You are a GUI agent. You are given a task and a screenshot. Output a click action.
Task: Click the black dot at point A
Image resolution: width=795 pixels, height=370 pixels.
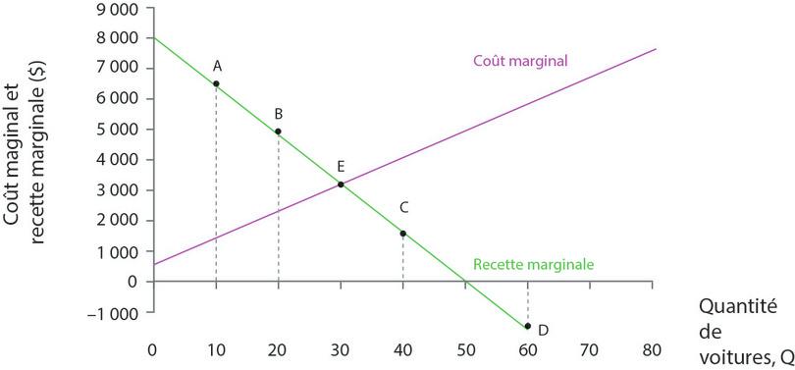point(216,84)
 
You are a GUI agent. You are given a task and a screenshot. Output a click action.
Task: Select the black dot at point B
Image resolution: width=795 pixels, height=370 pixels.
point(279,132)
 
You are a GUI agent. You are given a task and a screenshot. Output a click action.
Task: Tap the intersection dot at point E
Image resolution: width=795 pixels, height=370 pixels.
point(341,185)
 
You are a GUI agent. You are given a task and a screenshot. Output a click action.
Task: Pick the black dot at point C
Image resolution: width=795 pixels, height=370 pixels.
point(402,234)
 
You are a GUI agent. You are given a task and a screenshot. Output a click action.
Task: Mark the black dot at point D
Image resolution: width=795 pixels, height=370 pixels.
point(528,326)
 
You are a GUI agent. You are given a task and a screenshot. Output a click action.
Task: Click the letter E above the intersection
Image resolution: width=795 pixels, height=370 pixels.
point(341,166)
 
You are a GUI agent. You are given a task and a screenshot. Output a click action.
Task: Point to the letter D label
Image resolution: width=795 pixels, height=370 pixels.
point(543,329)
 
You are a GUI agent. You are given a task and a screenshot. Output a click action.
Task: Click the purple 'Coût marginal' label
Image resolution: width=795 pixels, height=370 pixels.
point(521,61)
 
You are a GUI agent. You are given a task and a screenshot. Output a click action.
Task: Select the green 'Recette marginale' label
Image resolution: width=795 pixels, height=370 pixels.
point(533,264)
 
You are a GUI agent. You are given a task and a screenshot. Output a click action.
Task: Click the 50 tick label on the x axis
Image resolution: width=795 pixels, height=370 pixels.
point(465,349)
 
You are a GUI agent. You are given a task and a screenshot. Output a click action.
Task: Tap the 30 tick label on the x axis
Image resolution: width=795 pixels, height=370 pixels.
point(341,349)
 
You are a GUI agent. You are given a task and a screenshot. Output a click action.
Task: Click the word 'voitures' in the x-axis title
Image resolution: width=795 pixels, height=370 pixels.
point(731,356)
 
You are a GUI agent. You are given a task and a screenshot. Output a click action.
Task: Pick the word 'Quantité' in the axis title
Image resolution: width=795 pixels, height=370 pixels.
point(737,307)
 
